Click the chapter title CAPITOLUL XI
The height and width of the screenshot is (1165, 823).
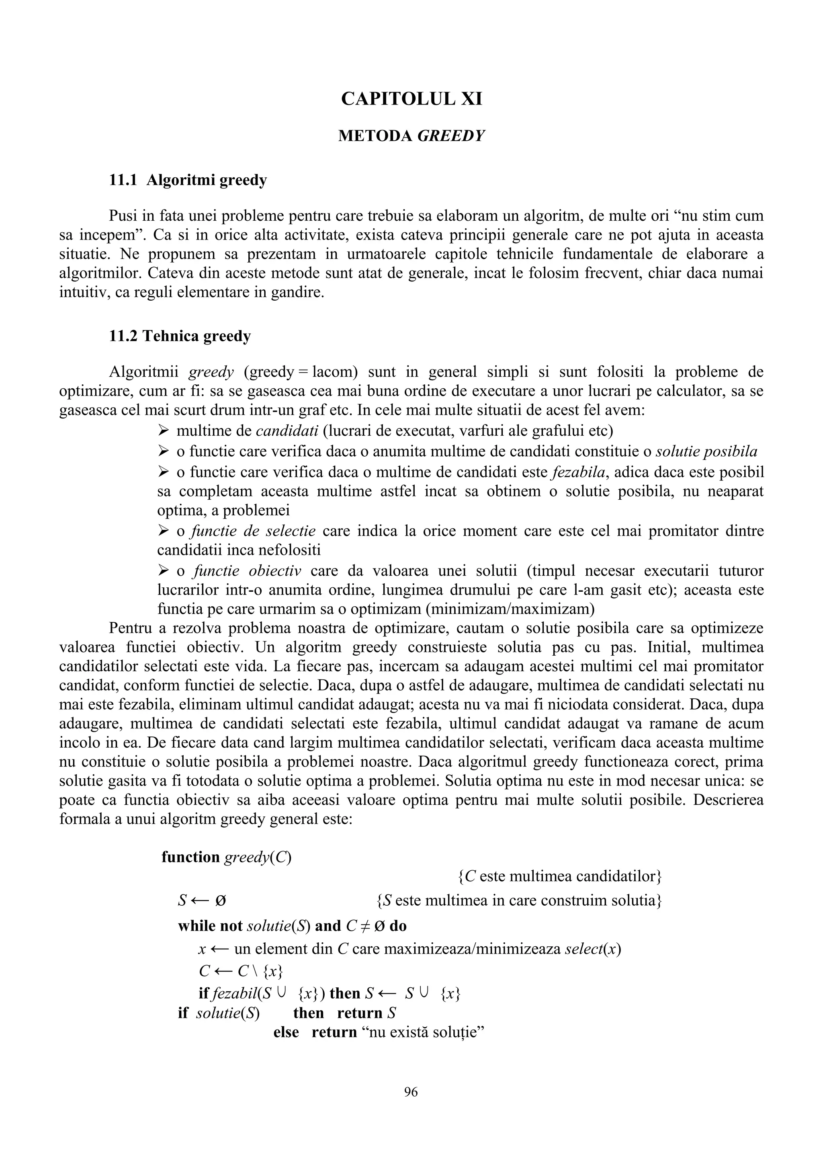(411, 98)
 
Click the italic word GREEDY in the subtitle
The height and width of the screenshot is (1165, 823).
(451, 136)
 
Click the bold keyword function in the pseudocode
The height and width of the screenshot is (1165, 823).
(190, 857)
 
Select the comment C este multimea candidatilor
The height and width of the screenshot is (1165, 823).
(559, 876)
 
